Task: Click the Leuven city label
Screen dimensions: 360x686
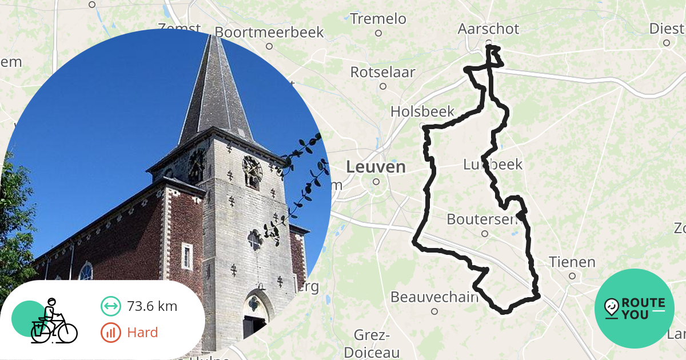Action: [x=376, y=167]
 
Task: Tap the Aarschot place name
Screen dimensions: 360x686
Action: [x=488, y=29]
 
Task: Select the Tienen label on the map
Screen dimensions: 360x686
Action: [x=572, y=262]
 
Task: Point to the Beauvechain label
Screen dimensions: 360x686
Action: [x=434, y=297]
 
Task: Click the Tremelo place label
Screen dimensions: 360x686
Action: [x=378, y=19]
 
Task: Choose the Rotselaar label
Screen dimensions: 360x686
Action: [x=382, y=73]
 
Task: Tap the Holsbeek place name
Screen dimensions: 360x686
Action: [x=422, y=111]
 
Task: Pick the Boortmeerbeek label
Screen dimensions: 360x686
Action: [x=269, y=32]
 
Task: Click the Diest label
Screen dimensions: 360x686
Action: [x=667, y=29]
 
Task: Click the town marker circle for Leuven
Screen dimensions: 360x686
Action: [x=376, y=182]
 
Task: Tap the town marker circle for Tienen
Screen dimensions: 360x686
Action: [x=572, y=275]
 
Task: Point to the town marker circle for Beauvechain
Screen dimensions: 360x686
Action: [x=434, y=311]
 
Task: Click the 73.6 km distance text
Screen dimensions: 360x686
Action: [x=152, y=306]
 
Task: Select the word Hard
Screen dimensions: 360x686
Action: [x=142, y=333]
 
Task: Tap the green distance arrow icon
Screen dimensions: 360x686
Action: [x=110, y=306]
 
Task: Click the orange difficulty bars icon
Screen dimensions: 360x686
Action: [x=110, y=333]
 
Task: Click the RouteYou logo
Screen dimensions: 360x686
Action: [x=634, y=309]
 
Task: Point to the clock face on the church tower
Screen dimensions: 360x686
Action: [x=252, y=169]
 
